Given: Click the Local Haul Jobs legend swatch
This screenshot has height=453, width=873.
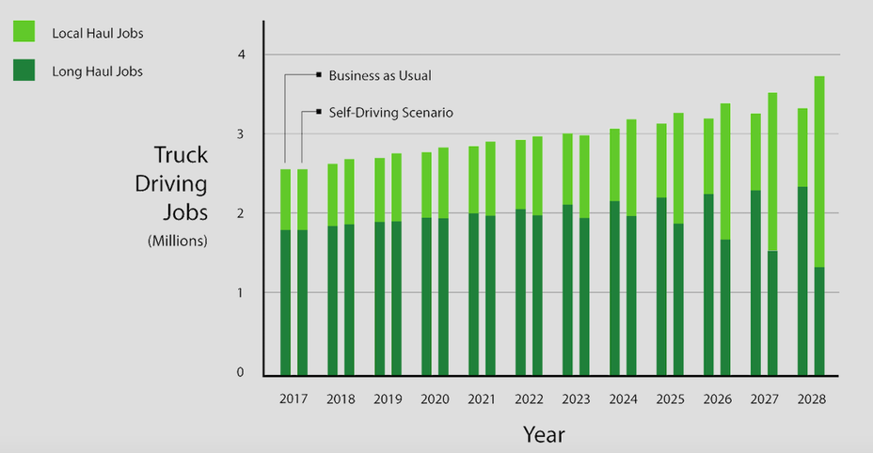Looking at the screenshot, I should pyautogui.click(x=24, y=33).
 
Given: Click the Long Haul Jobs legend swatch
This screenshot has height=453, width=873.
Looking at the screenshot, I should pyautogui.click(x=24, y=70).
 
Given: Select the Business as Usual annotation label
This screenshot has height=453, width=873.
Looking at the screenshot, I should pyautogui.click(x=380, y=75).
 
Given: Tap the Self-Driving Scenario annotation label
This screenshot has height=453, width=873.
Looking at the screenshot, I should pyautogui.click(x=390, y=113).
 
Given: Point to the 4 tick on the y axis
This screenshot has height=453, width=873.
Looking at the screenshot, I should pyautogui.click(x=241, y=55).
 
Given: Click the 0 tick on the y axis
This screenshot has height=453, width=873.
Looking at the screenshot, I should pyautogui.click(x=241, y=372).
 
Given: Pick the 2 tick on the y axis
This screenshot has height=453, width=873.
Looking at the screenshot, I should pyautogui.click(x=241, y=213).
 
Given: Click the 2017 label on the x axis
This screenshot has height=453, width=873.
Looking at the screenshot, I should pyautogui.click(x=294, y=399).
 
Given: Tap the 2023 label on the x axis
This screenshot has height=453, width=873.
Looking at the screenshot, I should pyautogui.click(x=576, y=399).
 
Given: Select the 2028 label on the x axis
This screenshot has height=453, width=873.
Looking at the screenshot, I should pyautogui.click(x=811, y=399).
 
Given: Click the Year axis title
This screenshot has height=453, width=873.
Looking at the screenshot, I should pyautogui.click(x=544, y=434).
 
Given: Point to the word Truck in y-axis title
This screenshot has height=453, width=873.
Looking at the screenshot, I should pyautogui.click(x=181, y=156).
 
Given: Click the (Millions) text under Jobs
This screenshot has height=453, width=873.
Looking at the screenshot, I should pyautogui.click(x=178, y=242).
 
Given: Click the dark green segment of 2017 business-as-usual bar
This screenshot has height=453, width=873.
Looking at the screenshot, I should pyautogui.click(x=285, y=302).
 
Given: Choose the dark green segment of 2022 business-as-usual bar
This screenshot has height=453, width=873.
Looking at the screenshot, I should pyautogui.click(x=520, y=291).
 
